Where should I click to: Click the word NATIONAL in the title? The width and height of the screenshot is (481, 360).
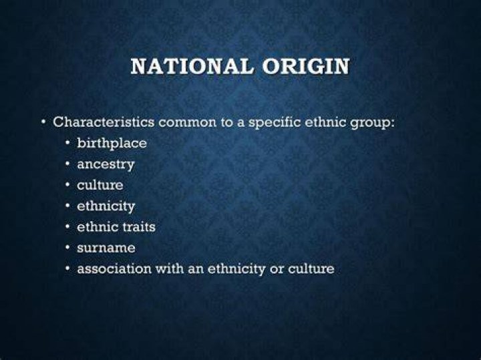[x=192, y=66]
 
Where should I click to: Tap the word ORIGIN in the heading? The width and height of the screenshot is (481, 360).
[x=306, y=66]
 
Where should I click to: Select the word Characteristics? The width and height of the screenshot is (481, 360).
[x=104, y=122]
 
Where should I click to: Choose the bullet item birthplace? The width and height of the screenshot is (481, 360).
[x=112, y=144]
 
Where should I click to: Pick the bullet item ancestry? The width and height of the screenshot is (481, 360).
[x=106, y=165]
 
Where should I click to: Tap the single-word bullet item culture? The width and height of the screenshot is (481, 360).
[x=100, y=185]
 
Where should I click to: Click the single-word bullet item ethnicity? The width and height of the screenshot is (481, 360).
[x=106, y=206]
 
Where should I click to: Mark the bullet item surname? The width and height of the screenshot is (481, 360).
[x=106, y=248]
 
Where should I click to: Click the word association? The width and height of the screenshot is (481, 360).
[x=114, y=268]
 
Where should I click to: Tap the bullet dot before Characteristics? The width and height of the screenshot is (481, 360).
[x=44, y=123]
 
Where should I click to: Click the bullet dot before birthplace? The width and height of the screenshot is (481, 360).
[x=67, y=143]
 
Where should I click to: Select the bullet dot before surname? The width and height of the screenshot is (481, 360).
[x=67, y=248]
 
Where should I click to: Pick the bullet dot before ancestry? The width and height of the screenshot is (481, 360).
[x=67, y=164]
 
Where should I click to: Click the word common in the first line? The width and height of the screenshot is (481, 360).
[x=188, y=123]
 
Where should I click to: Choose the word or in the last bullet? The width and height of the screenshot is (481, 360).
[x=277, y=269]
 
